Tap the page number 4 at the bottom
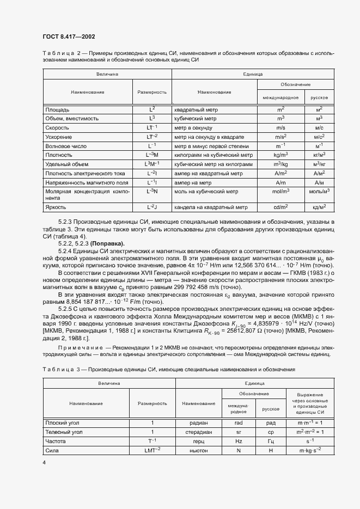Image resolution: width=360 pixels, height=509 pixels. [x=44, y=462]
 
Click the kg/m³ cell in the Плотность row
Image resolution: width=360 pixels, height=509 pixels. [x=280, y=155]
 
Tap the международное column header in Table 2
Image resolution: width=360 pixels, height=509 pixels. [x=280, y=97]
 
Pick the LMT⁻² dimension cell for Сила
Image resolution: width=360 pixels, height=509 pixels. [x=152, y=450]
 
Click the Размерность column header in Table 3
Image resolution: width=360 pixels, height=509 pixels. [x=152, y=403]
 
